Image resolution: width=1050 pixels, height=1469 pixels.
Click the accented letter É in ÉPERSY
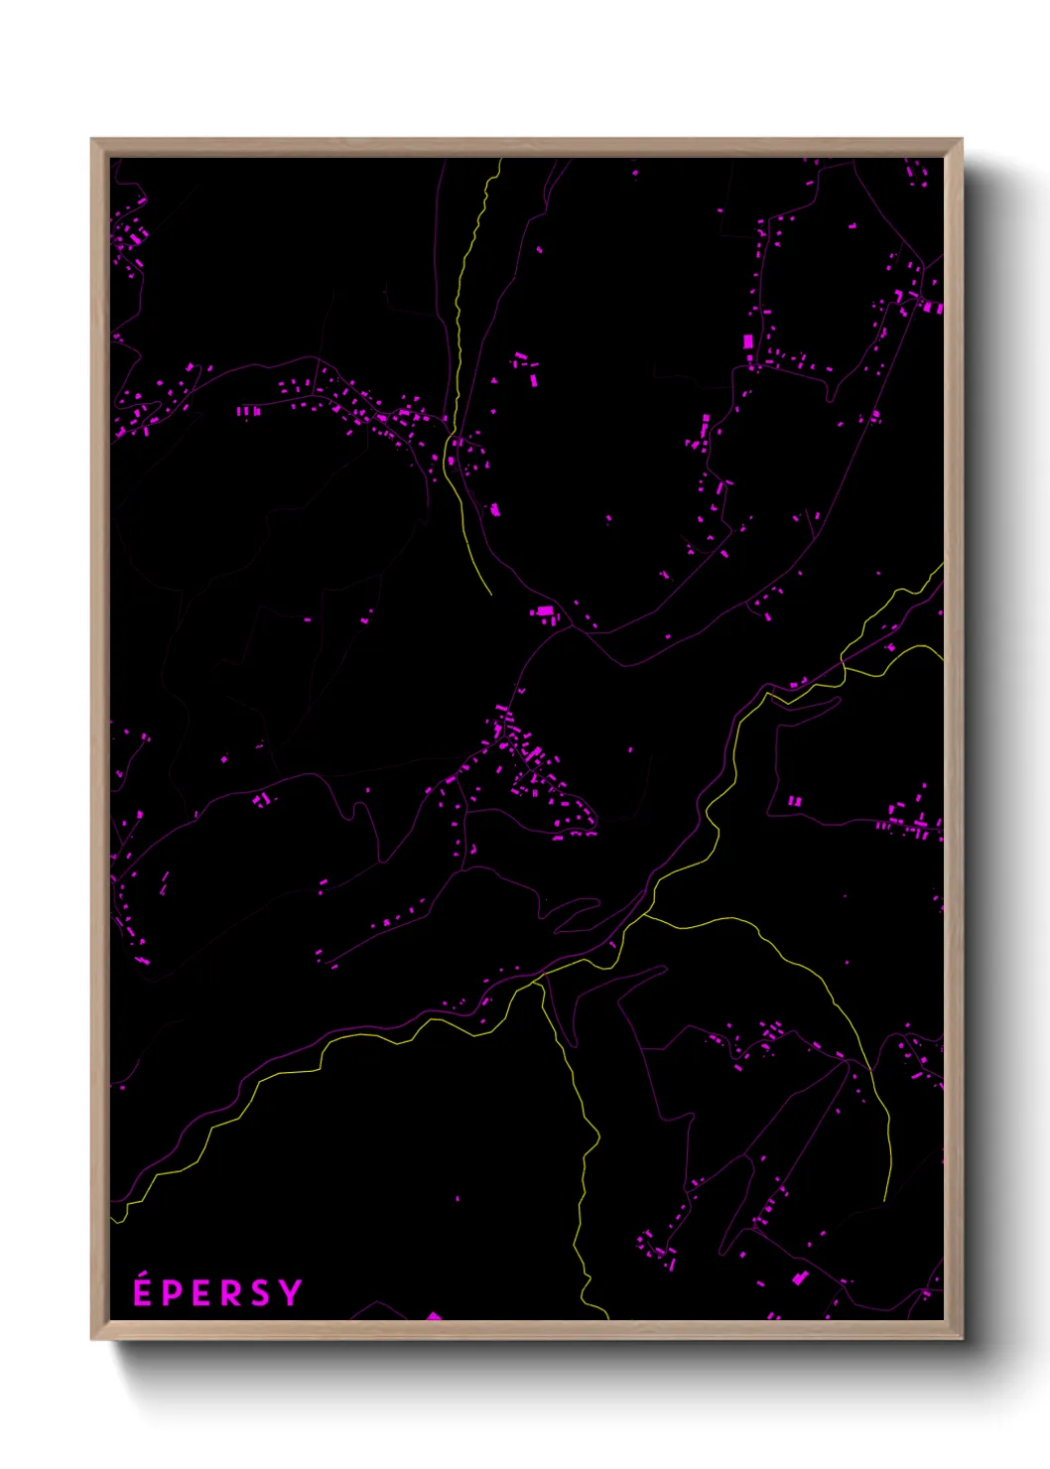(x=142, y=1292)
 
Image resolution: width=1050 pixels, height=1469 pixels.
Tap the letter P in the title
(x=172, y=1293)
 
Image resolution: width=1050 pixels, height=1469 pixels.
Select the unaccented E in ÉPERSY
(x=201, y=1293)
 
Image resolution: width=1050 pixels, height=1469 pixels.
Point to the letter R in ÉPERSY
(x=230, y=1293)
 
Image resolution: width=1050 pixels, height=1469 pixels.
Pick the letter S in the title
(x=260, y=1293)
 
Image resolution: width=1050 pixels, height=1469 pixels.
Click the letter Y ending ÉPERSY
(x=290, y=1292)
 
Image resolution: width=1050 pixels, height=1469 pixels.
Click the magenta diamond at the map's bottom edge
(x=433, y=1316)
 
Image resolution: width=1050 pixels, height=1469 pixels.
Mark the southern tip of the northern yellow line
(x=490, y=594)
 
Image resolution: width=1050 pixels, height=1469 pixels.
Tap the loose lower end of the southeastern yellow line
(x=885, y=1200)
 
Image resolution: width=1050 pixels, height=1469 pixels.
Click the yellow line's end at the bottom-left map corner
(x=112, y=1219)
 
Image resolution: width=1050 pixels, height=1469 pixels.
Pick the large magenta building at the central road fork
(x=544, y=611)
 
